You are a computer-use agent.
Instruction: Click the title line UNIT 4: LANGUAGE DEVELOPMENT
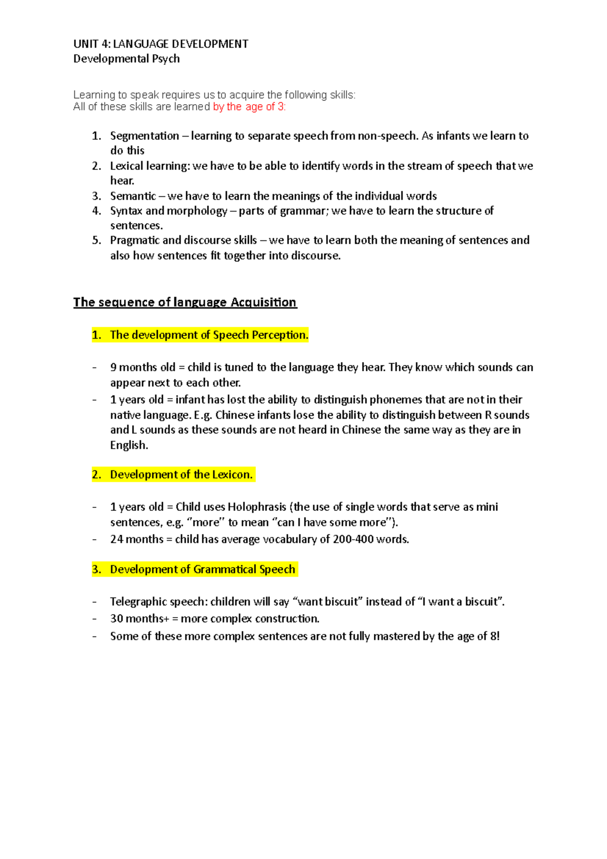[x=160, y=44]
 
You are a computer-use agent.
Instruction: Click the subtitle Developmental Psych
[x=126, y=59]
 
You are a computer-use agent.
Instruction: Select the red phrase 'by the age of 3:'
[x=249, y=107]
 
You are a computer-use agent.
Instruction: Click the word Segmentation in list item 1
[x=144, y=136]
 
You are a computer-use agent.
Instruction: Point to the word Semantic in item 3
[x=133, y=196]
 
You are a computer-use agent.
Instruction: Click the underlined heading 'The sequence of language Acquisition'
[x=185, y=302]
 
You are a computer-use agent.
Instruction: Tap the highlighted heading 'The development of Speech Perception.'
[x=209, y=335]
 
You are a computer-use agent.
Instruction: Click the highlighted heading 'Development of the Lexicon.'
[x=181, y=475]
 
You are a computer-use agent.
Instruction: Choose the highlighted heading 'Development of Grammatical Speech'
[x=202, y=569]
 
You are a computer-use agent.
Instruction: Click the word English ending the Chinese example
[x=128, y=445]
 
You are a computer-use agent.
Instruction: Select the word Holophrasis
[x=257, y=507]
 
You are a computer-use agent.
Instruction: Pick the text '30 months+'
[x=140, y=619]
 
